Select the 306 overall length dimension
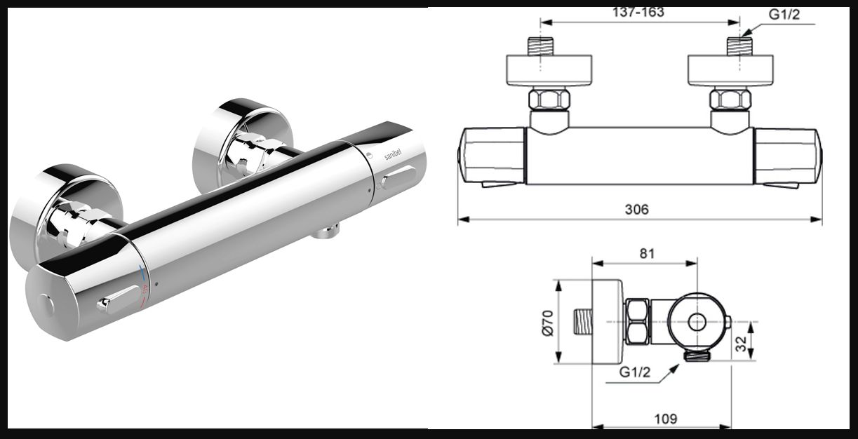click(x=637, y=209)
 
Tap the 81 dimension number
click(x=646, y=253)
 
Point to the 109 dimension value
click(x=664, y=419)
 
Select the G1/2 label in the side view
click(x=634, y=372)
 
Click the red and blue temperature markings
click(x=144, y=288)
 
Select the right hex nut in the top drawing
click(x=730, y=99)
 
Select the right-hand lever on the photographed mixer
click(x=398, y=177)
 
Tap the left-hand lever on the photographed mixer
click(x=118, y=298)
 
